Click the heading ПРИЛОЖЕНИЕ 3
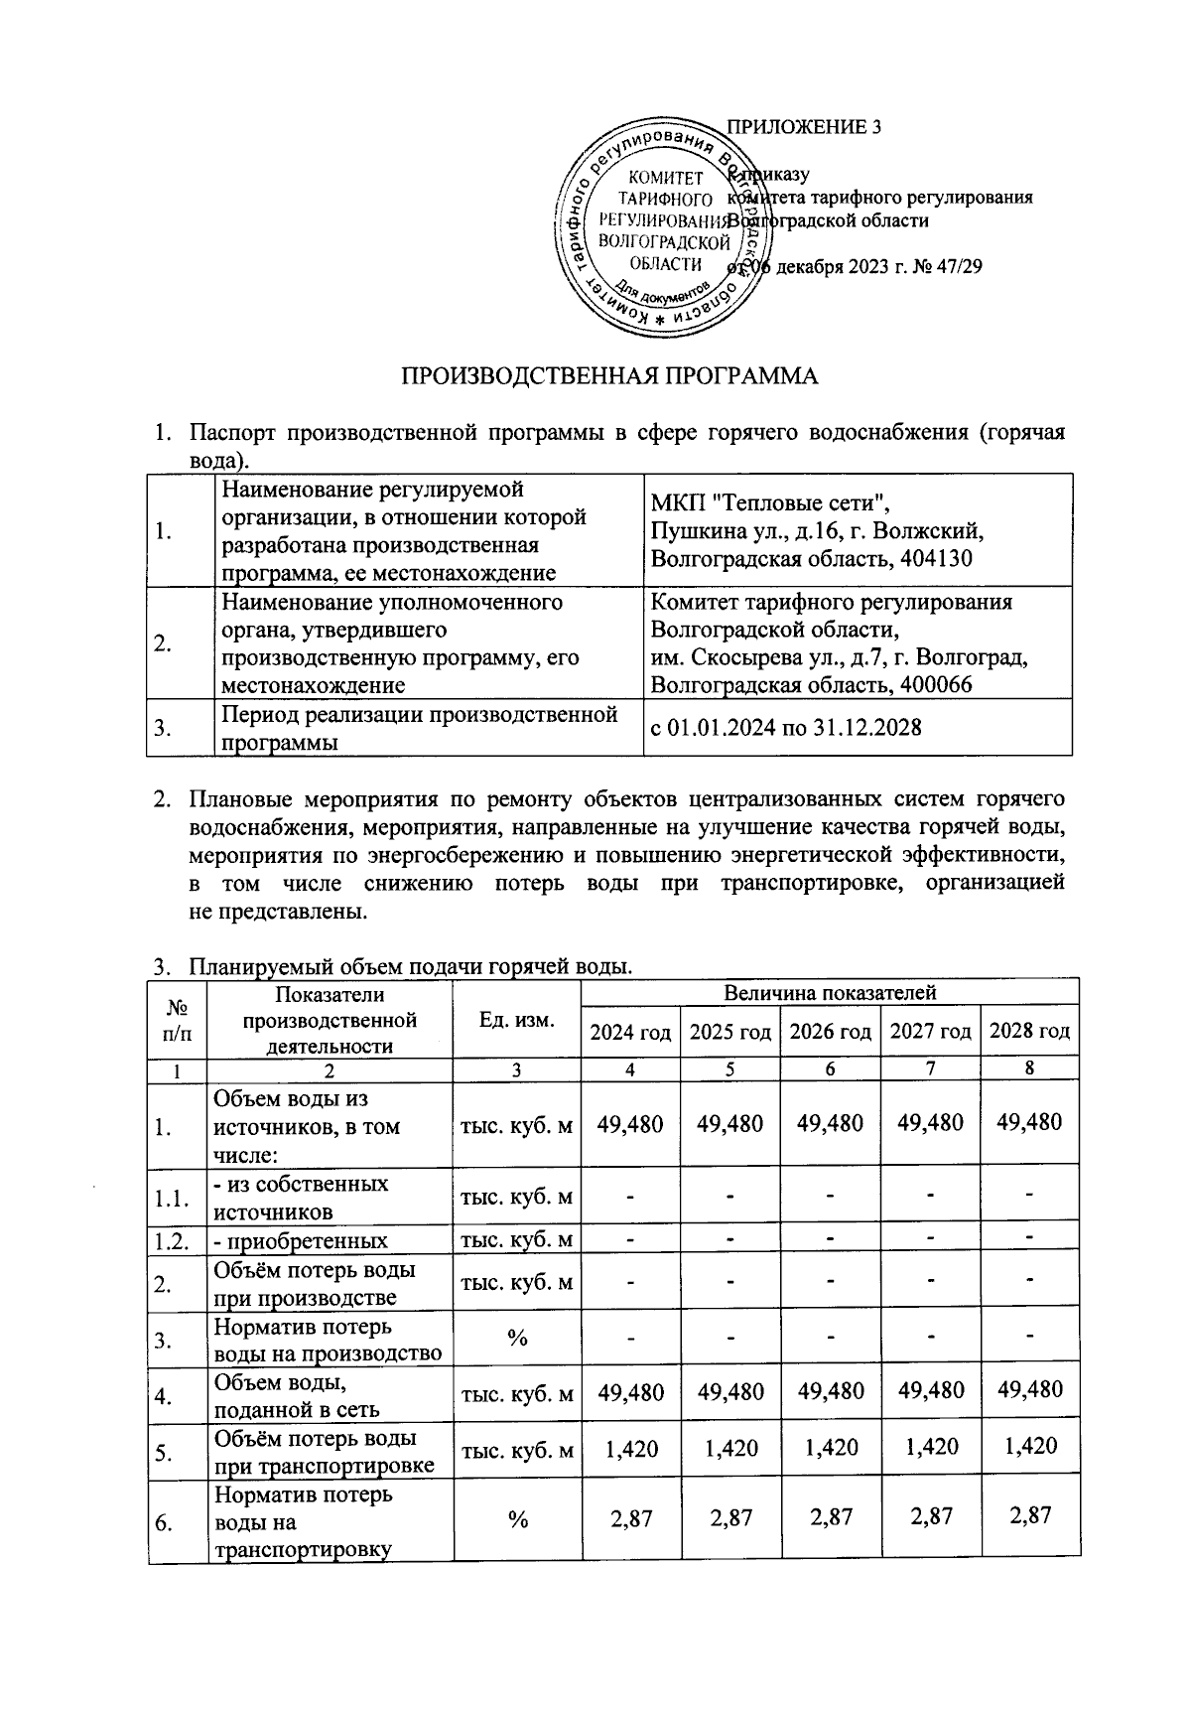[804, 127]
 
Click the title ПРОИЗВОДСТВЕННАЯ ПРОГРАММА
[609, 376]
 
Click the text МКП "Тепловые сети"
[764, 502]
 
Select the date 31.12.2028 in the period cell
[866, 728]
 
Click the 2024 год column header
[630, 1032]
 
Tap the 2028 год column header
[1029, 1031]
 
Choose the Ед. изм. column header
[516, 1020]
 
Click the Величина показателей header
[830, 992]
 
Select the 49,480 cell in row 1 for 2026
[830, 1123]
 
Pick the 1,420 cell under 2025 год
[730, 1448]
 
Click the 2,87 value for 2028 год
[1029, 1515]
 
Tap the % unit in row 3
[516, 1339]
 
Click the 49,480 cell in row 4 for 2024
[630, 1391]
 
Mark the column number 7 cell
[929, 1069]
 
